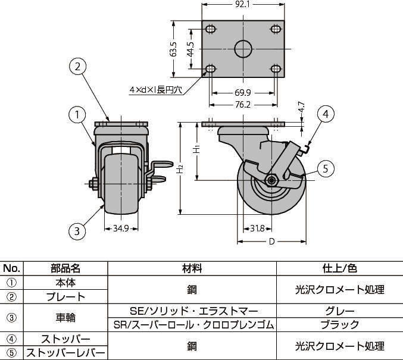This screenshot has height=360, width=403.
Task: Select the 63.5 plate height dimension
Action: (174, 49)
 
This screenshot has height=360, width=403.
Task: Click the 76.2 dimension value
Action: (242, 105)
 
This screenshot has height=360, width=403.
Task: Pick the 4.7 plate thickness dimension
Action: (302, 108)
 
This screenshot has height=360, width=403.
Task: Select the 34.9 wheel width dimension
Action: (121, 228)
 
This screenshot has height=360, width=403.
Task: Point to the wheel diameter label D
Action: (271, 242)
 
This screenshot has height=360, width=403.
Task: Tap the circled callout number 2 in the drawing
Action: (77, 67)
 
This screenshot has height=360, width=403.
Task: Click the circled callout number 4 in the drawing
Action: (326, 114)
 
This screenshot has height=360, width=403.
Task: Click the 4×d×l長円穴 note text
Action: (155, 90)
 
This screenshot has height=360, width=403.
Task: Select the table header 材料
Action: (193, 268)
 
